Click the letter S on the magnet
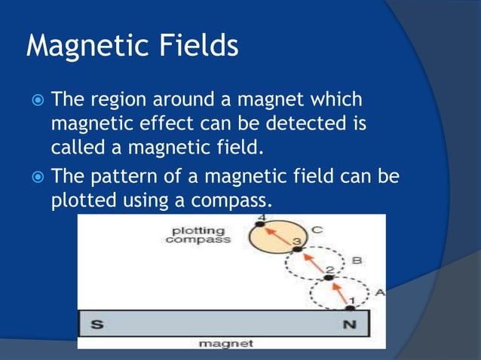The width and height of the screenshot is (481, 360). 97,324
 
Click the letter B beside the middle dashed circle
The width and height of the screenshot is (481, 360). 355,261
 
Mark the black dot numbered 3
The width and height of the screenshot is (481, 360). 297,249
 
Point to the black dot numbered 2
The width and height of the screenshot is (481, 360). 328,279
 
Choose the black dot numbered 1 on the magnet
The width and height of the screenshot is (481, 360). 350,308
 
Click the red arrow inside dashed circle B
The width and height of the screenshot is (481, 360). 313,264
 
